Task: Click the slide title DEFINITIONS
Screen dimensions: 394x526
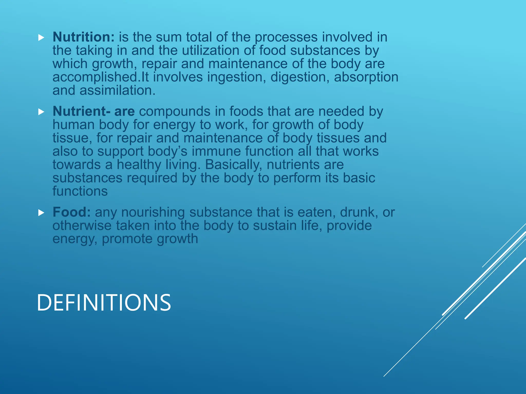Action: point(104,303)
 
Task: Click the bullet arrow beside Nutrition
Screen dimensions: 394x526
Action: point(41,38)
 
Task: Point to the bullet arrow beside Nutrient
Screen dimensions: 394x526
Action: point(41,112)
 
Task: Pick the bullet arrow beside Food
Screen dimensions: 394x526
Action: point(41,213)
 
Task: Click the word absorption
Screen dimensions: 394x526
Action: point(366,77)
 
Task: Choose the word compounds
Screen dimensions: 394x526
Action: point(182,111)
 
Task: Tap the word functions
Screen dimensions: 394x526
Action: point(80,191)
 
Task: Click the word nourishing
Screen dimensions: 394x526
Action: point(153,212)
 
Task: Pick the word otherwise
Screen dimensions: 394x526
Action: point(82,226)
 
